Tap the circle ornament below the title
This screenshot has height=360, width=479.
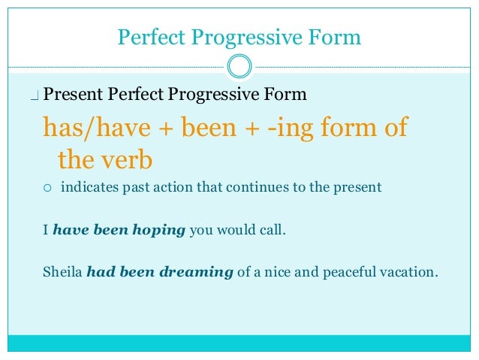click(239, 65)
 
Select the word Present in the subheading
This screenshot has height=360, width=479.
click(74, 95)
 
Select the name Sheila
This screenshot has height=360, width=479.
click(62, 272)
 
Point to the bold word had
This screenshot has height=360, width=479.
click(100, 272)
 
